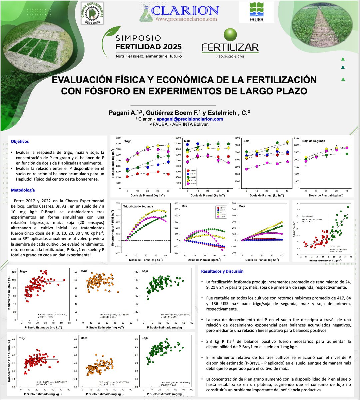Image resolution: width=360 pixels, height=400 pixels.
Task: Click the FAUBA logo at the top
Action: [x=261, y=12]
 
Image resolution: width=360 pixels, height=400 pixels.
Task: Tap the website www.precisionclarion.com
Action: [x=186, y=19]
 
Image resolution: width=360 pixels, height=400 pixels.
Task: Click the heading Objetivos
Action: [x=20, y=141]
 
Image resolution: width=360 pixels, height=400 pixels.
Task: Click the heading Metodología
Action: [x=23, y=190]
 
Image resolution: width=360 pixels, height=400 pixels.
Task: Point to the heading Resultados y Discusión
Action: [x=222, y=271]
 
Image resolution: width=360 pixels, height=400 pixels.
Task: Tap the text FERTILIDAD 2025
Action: [x=148, y=46]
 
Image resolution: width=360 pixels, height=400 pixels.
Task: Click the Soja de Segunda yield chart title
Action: [x=314, y=141]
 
